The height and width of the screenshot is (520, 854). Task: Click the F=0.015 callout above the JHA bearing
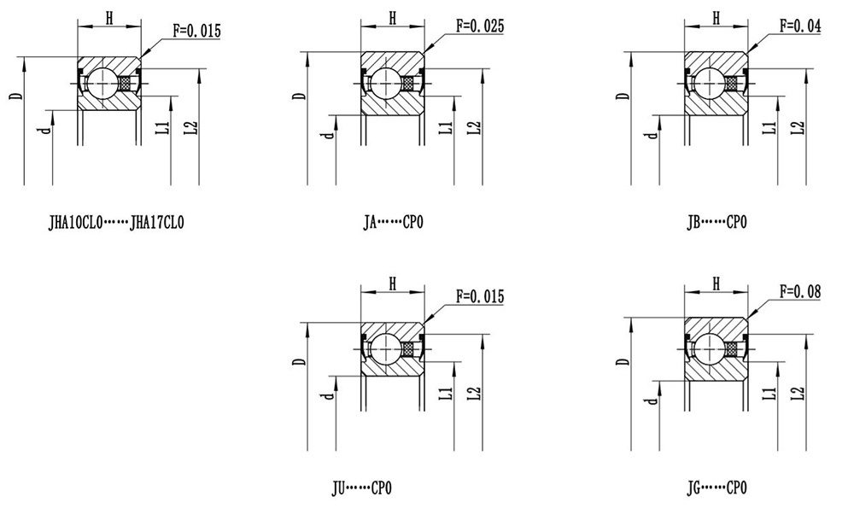pos(196,31)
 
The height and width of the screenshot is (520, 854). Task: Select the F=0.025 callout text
pos(480,26)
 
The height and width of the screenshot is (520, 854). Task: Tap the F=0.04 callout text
pos(800,26)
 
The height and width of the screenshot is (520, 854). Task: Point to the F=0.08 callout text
pos(800,291)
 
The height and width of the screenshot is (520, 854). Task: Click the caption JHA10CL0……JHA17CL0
pos(116,223)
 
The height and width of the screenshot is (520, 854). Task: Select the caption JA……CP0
pos(393,222)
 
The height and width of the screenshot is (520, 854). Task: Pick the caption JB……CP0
pos(717,222)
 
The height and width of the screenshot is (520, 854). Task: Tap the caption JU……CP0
pos(361,488)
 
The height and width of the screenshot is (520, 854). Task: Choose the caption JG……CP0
pos(717,488)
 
